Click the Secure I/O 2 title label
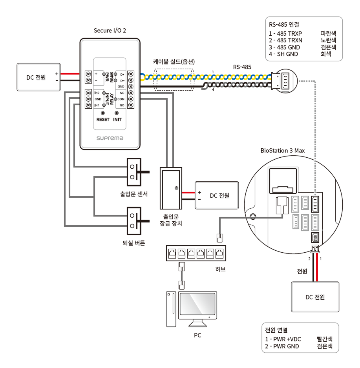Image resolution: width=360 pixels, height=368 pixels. click(110, 31)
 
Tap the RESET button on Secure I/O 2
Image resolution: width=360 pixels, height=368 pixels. click(103, 113)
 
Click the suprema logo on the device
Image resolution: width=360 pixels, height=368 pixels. click(110, 138)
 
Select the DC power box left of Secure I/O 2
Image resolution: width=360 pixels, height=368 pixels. click(38, 77)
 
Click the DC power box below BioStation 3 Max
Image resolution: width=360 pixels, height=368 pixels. click(315, 297)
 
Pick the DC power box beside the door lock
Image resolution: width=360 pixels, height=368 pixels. click(217, 195)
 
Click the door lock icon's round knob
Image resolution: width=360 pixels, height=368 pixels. click(177, 188)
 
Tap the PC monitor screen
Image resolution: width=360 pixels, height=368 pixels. click(197, 304)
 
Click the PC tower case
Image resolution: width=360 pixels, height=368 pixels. click(171, 309)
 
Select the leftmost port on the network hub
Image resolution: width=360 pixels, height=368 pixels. click(172, 253)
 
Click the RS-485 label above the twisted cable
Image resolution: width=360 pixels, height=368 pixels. click(242, 67)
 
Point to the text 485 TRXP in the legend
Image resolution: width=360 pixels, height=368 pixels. click(289, 34)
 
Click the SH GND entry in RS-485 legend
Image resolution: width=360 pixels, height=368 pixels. click(287, 54)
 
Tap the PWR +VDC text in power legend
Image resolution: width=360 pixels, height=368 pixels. click(287, 339)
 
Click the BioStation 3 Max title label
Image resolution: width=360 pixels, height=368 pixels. click(283, 150)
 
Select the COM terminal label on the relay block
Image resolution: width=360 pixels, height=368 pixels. click(121, 99)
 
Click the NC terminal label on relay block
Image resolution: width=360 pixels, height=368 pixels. click(122, 93)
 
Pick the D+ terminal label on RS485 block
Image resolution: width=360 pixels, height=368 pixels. click(122, 75)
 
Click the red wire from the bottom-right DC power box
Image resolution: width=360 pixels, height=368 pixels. click(317, 267)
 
